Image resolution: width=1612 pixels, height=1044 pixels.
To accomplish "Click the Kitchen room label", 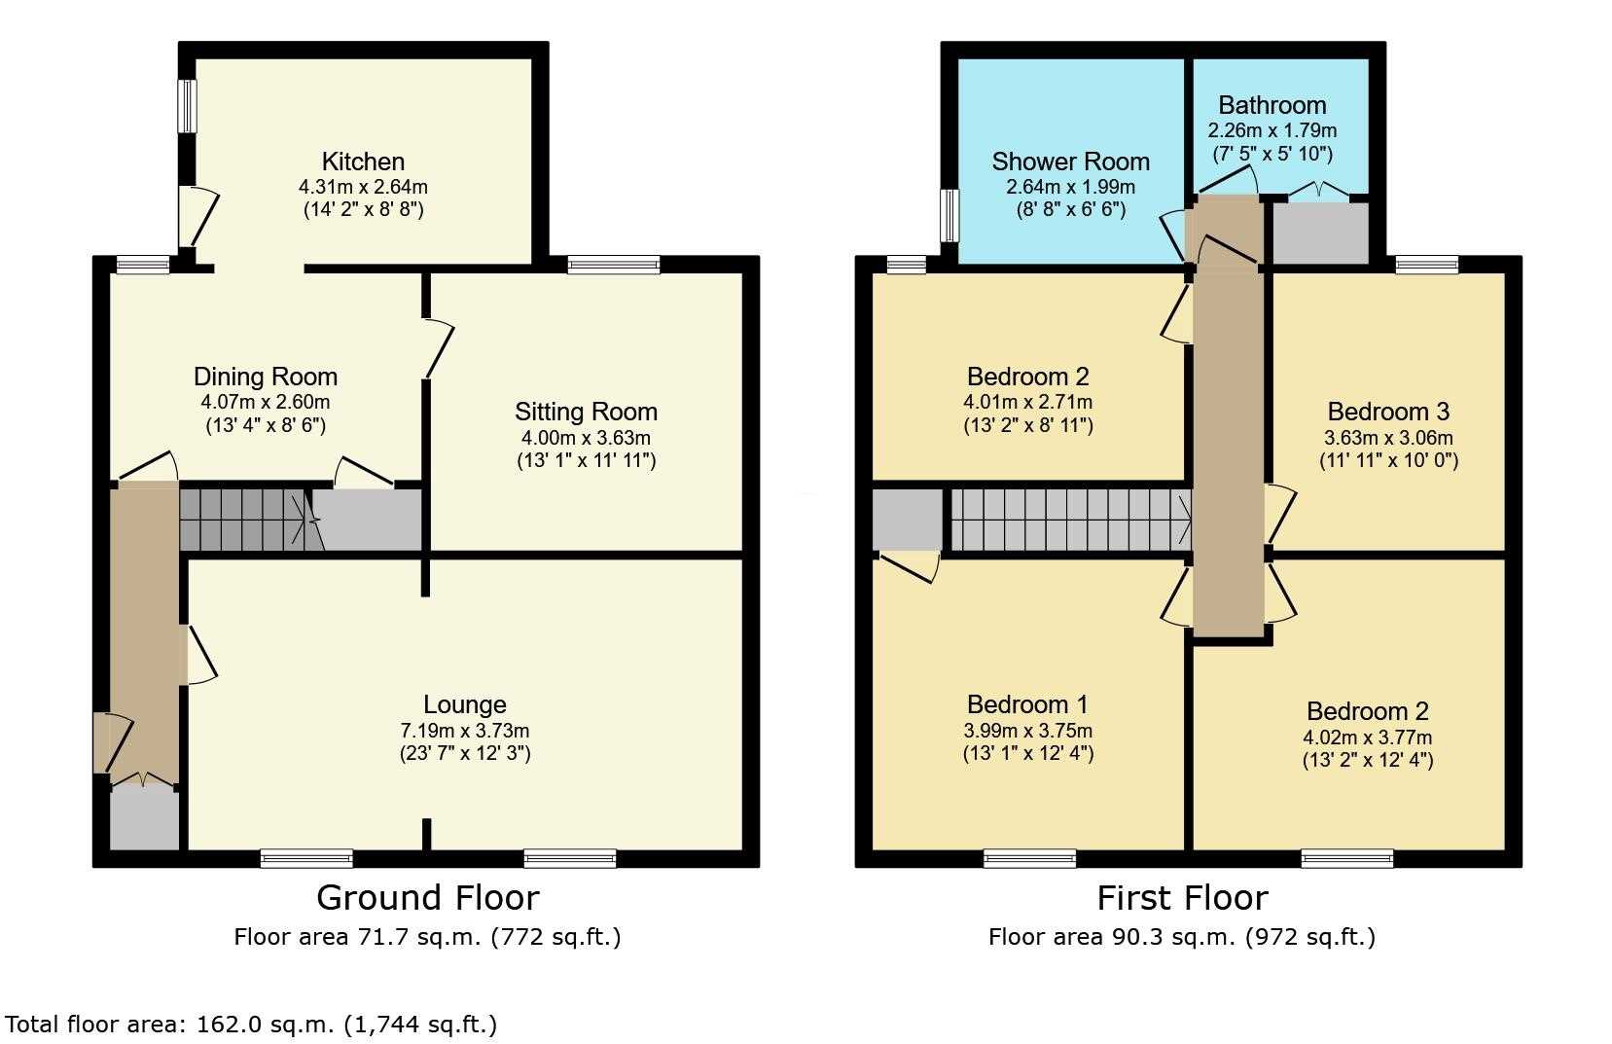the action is tap(363, 162).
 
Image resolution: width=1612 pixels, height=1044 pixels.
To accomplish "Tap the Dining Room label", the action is tap(266, 377).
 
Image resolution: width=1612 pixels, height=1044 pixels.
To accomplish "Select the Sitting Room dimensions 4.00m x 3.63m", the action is tap(586, 438).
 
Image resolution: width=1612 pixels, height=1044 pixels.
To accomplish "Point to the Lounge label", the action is tap(465, 704).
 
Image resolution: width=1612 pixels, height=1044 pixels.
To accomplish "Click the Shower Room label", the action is tap(1071, 162).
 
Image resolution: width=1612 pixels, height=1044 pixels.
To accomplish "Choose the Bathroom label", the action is tap(1272, 105).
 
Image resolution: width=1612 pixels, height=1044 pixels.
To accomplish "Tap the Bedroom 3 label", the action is tap(1388, 412).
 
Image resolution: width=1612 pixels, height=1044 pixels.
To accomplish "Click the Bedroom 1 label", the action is tap(1027, 704).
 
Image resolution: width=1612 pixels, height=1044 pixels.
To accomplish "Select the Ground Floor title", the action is tap(427, 898).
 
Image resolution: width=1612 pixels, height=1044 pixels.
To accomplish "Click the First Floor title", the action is tap(1182, 898).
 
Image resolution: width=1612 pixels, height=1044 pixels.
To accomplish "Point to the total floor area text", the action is tap(251, 1024).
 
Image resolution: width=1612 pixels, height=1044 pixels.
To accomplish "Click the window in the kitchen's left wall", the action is tap(187, 106).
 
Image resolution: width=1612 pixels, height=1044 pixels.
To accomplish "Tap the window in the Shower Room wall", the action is tap(949, 215).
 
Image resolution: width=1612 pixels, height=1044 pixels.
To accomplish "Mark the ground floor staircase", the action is tap(245, 520).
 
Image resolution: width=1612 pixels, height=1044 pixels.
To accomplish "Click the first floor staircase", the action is tap(1071, 520).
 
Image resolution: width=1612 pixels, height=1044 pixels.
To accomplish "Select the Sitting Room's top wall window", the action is tap(613, 265).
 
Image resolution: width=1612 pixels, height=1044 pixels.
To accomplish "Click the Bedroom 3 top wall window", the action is tap(1427, 265).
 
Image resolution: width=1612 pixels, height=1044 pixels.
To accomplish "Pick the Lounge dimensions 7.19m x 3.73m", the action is tap(465, 731).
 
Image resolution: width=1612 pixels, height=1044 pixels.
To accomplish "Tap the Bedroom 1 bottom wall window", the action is tap(1030, 858).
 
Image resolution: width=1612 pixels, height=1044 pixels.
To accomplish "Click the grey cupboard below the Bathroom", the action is tap(1320, 234).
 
